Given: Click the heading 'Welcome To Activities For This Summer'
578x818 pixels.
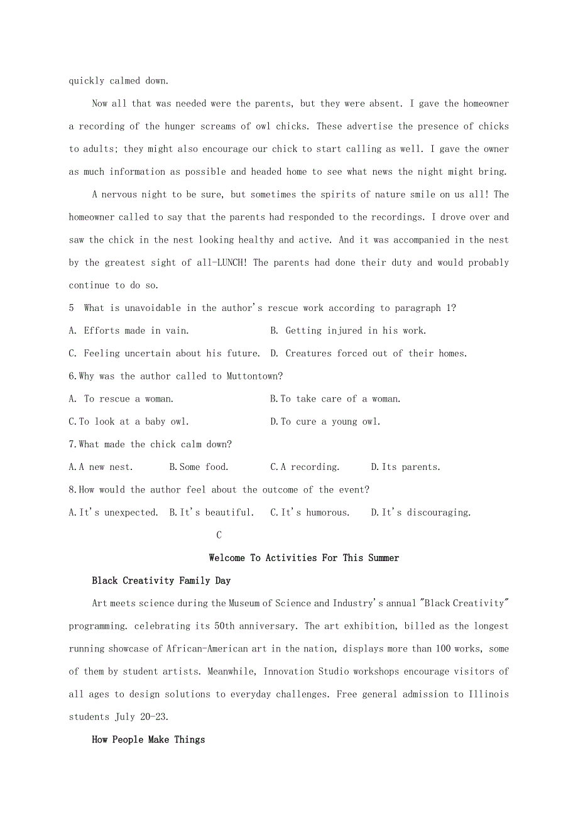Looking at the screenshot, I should [303, 558].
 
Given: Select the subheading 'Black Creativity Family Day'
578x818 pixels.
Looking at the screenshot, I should [161, 581].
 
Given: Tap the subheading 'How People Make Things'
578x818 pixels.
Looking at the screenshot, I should [148, 739].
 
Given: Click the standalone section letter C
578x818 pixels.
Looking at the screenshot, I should [219, 535].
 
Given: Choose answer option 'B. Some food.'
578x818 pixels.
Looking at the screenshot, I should [199, 467].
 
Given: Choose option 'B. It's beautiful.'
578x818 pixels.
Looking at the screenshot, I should [211, 513].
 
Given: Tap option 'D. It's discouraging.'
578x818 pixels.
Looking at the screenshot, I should [420, 513].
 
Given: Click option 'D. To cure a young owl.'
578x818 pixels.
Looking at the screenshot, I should [325, 422].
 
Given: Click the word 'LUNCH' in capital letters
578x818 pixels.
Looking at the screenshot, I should [232, 263].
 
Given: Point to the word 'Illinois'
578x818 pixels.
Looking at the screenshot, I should [488, 694].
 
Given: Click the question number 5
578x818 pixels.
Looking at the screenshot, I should [72, 308].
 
